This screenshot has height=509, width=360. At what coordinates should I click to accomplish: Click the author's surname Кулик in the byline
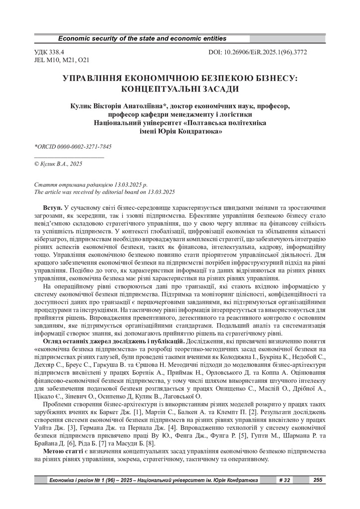(x=82, y=106)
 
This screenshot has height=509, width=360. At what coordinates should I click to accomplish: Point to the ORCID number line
(x=73, y=147)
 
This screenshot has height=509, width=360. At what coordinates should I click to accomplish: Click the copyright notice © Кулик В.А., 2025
(x=58, y=163)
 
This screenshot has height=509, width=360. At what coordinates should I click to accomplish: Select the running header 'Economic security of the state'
(x=142, y=39)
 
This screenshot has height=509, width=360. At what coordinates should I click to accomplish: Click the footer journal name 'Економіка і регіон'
(x=75, y=480)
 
